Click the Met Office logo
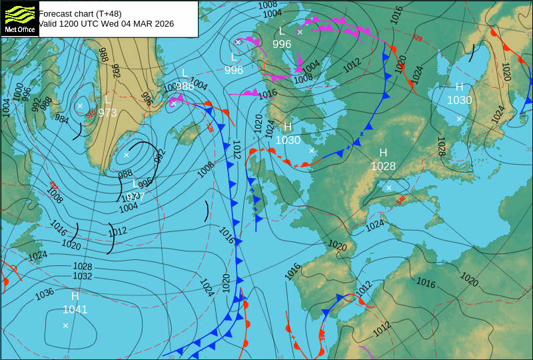pyautogui.click(x=19, y=18)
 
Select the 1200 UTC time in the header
pyautogui.click(x=85, y=24)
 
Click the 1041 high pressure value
pyautogui.click(x=75, y=309)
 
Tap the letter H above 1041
pyautogui.click(x=75, y=296)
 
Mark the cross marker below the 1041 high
pyautogui.click(x=65, y=325)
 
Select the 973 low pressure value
pyautogui.click(x=107, y=113)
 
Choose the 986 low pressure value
pyautogui.click(x=185, y=86)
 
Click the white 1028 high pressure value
pyautogui.click(x=383, y=167)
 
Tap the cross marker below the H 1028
pyautogui.click(x=389, y=187)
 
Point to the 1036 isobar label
pyautogui.click(x=44, y=293)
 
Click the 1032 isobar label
pyautogui.click(x=83, y=276)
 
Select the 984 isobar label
pyautogui.click(x=62, y=119)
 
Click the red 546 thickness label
pyautogui.click(x=401, y=199)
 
